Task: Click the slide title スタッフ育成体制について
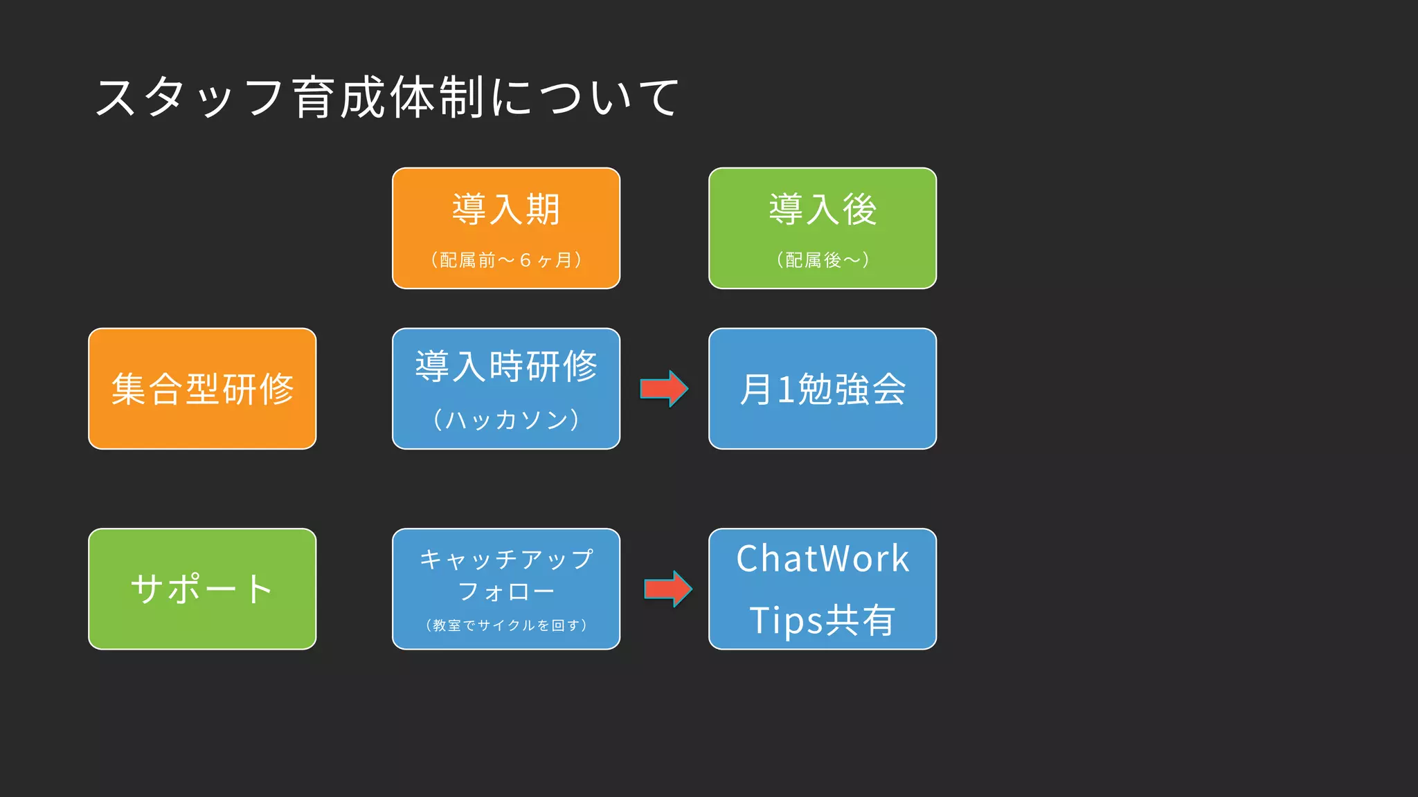pyautogui.click(x=386, y=97)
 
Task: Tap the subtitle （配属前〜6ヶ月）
pyautogui.click(x=506, y=260)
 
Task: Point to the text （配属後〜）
pyautogui.click(x=823, y=260)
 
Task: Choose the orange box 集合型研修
pyautogui.click(x=202, y=389)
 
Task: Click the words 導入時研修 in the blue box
pyautogui.click(x=506, y=366)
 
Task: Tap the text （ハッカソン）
pyautogui.click(x=506, y=419)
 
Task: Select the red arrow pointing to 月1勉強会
pyautogui.click(x=663, y=389)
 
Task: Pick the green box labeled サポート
pyautogui.click(x=202, y=589)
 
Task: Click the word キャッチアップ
pyautogui.click(x=506, y=559)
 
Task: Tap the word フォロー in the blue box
pyautogui.click(x=506, y=592)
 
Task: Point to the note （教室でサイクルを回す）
pyautogui.click(x=506, y=625)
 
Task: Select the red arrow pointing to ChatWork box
pyautogui.click(x=667, y=589)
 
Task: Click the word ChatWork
pyautogui.click(x=823, y=558)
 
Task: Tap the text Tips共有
pyautogui.click(x=823, y=620)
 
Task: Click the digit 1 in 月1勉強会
pyautogui.click(x=785, y=390)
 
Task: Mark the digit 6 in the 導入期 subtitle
pyautogui.click(x=525, y=260)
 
